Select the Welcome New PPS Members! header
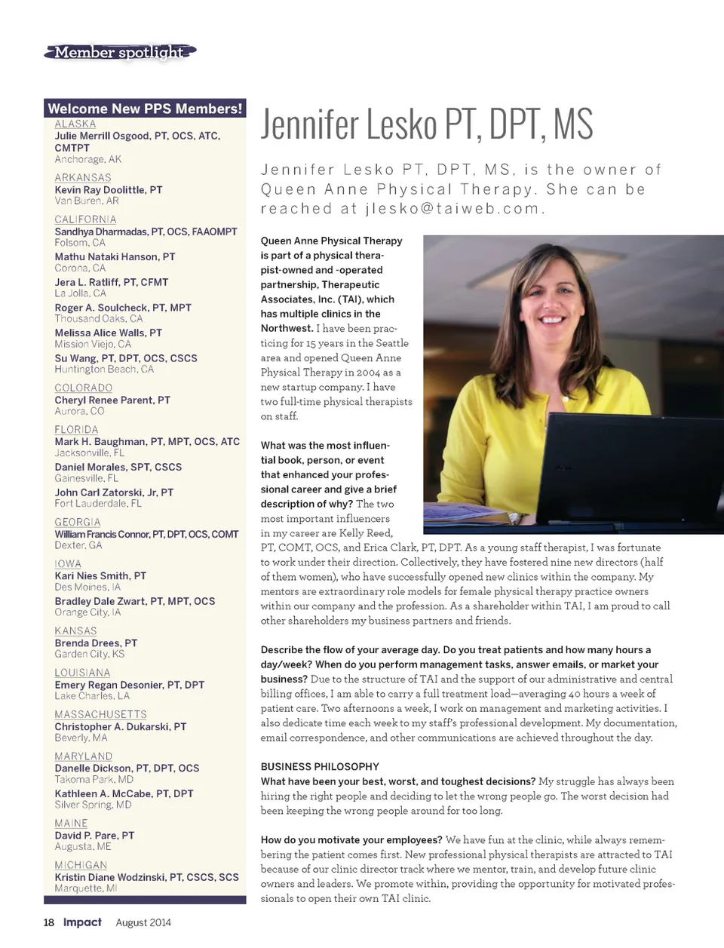(x=145, y=109)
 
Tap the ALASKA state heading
(x=75, y=124)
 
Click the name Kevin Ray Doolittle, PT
(x=108, y=189)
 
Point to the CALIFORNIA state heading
(x=85, y=219)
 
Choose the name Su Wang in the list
(x=126, y=358)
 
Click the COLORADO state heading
(x=84, y=388)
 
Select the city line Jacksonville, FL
(x=89, y=453)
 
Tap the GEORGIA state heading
(x=77, y=522)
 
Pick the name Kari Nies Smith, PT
(x=100, y=575)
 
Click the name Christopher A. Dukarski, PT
(x=120, y=726)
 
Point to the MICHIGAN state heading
(x=81, y=865)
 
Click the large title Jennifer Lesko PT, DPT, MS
(x=427, y=124)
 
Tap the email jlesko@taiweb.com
(x=452, y=209)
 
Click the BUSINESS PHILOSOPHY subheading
(x=320, y=766)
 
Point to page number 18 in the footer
(x=49, y=922)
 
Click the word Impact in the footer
(x=82, y=922)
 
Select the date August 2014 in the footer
(x=143, y=922)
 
